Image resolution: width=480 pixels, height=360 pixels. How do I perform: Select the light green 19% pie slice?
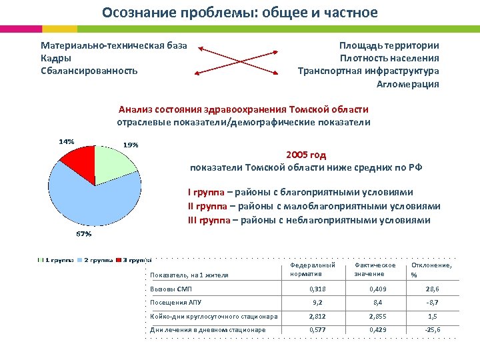[x=115, y=161]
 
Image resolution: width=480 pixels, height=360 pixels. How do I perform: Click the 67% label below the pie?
[x=83, y=234]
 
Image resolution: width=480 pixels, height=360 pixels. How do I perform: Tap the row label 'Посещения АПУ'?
[x=175, y=302]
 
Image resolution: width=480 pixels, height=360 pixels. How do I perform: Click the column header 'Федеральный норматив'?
[x=312, y=269]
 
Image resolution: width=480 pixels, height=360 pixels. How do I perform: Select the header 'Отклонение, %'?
[x=431, y=269]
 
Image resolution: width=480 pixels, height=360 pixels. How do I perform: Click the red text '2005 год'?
[x=307, y=155]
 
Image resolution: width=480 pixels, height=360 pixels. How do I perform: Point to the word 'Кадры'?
[x=56, y=58]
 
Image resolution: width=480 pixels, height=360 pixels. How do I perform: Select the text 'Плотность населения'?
[x=389, y=58]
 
